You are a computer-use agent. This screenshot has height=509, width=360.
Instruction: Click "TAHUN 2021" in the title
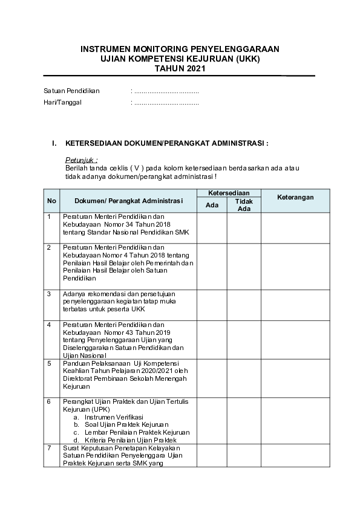[x=180, y=68]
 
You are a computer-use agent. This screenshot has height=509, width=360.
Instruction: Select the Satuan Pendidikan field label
[x=71, y=91]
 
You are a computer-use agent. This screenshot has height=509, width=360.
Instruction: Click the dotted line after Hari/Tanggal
[x=166, y=102]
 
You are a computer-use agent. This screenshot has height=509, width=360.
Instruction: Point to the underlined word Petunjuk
[x=81, y=160]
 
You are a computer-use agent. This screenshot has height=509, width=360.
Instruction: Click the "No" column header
[x=52, y=201]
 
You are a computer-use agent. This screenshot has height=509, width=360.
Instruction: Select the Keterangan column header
[x=295, y=198]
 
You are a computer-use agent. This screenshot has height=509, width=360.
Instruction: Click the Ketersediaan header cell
[x=229, y=192]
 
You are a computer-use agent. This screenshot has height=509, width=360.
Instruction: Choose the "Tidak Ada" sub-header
[x=244, y=205]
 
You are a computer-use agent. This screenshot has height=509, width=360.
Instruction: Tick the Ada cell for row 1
[x=212, y=227]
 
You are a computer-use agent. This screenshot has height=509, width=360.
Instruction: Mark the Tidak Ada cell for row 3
[x=244, y=303]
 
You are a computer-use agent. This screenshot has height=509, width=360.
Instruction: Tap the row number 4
[x=49, y=325]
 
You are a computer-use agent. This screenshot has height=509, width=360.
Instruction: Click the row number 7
[x=49, y=448]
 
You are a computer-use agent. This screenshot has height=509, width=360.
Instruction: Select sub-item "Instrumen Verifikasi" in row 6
[x=114, y=417]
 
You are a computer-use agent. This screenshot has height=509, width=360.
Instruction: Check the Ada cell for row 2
[x=212, y=265]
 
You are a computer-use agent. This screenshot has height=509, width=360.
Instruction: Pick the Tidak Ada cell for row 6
[x=244, y=420]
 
